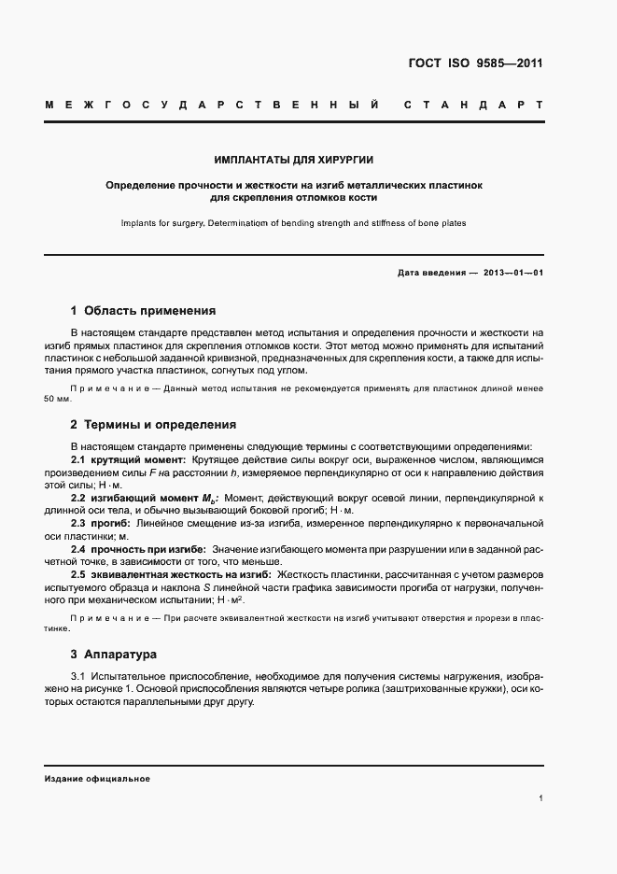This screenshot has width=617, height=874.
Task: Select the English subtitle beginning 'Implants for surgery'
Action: click(x=293, y=223)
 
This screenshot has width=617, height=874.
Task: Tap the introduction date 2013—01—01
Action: click(x=512, y=273)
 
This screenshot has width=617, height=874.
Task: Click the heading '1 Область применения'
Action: click(x=143, y=311)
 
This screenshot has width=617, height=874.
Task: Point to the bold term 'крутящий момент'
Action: click(x=135, y=459)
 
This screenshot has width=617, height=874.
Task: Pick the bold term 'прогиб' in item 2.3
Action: click(x=107, y=523)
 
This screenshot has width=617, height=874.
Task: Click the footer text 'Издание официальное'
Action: click(x=97, y=779)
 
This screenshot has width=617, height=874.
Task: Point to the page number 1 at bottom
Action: click(x=541, y=798)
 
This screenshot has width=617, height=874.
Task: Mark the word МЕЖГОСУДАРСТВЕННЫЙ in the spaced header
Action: click(x=211, y=104)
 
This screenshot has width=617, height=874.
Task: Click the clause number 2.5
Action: click(x=79, y=574)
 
